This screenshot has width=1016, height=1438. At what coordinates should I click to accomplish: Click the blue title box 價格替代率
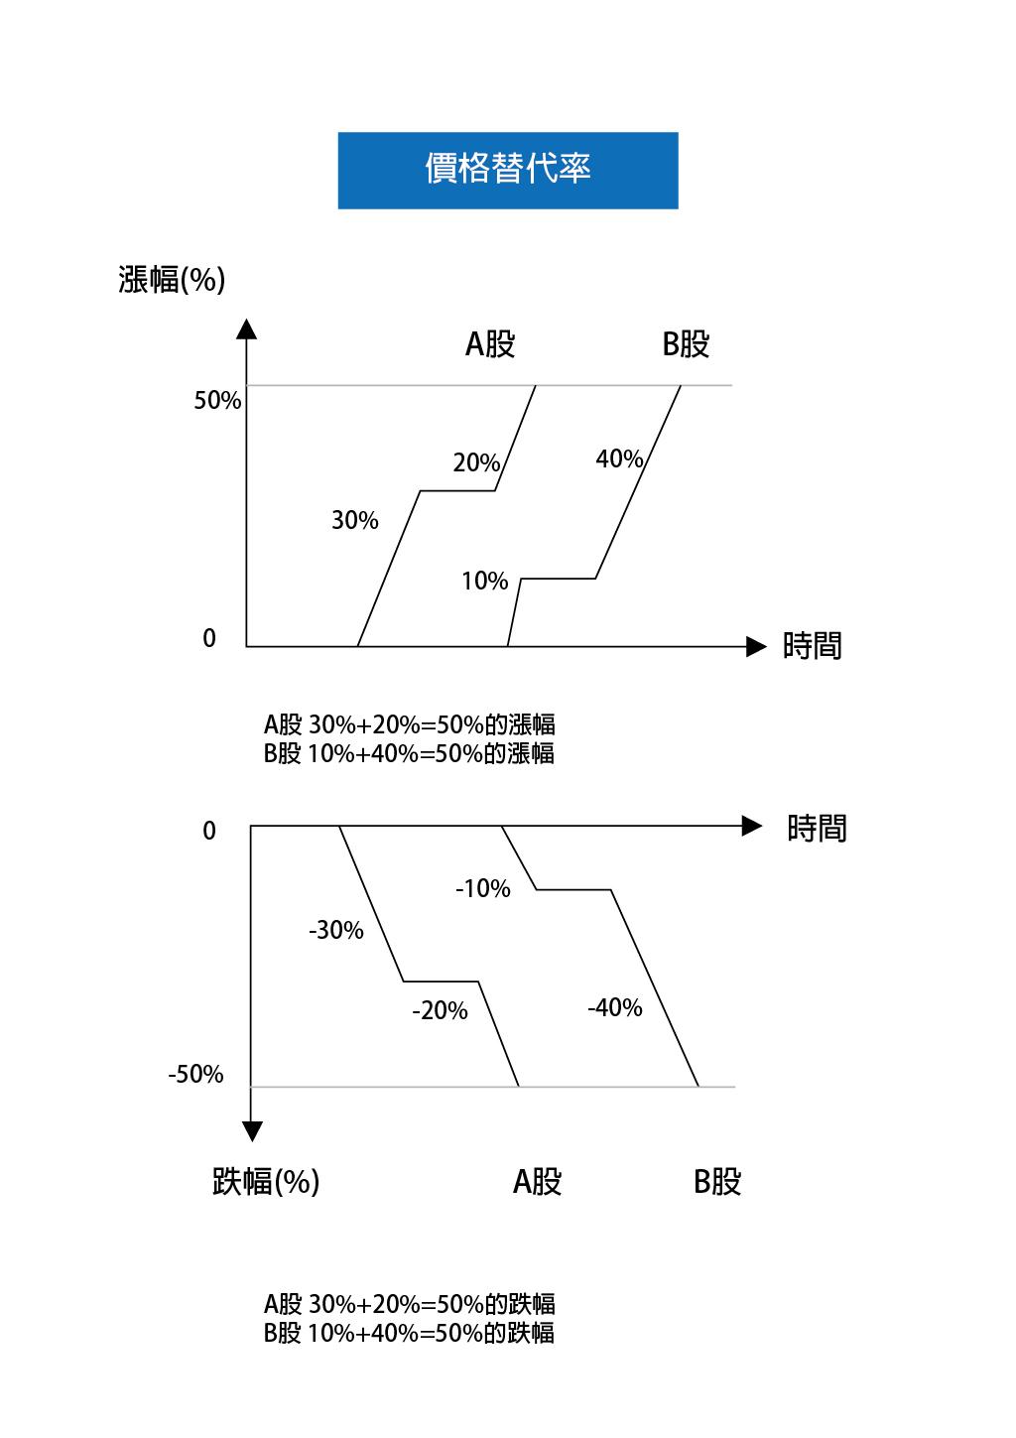tap(508, 171)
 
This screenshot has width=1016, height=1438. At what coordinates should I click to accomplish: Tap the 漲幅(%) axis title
tap(172, 280)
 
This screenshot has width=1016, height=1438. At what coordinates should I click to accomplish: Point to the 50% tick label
tap(217, 401)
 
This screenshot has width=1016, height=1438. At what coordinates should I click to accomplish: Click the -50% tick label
tap(195, 1074)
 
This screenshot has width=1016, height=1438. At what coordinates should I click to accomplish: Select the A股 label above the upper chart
tap(490, 344)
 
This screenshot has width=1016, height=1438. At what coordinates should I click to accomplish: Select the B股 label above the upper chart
tap(687, 344)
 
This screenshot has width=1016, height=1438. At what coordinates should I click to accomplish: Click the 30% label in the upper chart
tap(355, 520)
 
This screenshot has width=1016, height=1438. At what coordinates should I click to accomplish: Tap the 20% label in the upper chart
tap(476, 462)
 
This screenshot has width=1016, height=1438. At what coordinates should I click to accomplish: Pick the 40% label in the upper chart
tap(619, 458)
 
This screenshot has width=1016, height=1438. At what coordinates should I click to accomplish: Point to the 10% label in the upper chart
tap(485, 581)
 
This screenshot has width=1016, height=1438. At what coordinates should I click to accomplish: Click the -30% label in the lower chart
tap(336, 930)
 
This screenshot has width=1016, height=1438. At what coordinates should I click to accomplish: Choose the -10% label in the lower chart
tap(483, 888)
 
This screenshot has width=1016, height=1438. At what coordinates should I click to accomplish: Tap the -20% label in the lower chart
tap(440, 1010)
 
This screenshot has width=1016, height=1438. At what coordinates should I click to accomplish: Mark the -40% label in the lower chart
tap(615, 1007)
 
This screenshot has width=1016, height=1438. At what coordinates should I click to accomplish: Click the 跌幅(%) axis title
tap(266, 1181)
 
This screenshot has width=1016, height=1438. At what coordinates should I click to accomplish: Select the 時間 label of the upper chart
tap(812, 646)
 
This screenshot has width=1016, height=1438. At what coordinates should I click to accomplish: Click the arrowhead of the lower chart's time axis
tap(752, 826)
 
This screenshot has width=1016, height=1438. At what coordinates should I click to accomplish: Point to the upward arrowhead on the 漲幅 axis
tap(246, 328)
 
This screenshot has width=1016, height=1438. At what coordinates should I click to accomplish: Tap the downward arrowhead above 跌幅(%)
tap(252, 1131)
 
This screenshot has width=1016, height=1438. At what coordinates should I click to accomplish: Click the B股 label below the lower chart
tap(717, 1182)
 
